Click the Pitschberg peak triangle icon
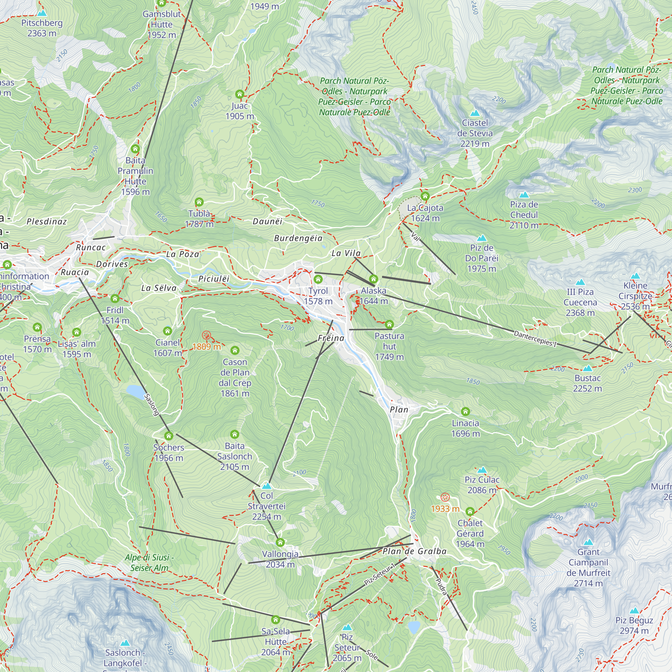[42, 13]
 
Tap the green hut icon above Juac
[239, 94]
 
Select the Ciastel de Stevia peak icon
[475, 113]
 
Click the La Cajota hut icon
[425, 196]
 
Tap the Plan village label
[399, 409]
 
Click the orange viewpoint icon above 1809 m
[207, 335]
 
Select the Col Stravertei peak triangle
[266, 486]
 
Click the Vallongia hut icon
[280, 542]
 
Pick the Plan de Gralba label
[414, 551]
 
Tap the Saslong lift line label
[152, 405]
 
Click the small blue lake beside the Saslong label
[136, 391]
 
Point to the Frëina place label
[331, 338]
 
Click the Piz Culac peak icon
[482, 470]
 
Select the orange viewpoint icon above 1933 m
[445, 497]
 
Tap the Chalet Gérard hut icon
[470, 511]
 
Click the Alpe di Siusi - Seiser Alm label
[149, 562]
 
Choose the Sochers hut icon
[169, 435]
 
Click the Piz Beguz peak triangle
[634, 611]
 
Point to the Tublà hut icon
[199, 202]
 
